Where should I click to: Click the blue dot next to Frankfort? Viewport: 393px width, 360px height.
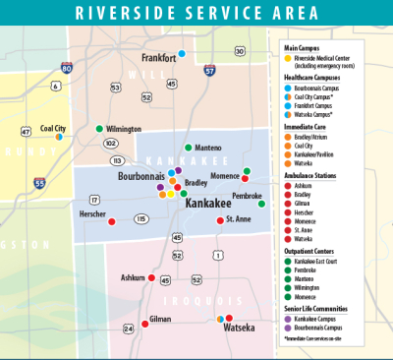click(x=182, y=54)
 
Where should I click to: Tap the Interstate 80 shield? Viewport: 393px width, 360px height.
click(x=66, y=68)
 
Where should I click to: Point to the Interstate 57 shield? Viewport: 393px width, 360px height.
click(x=209, y=71)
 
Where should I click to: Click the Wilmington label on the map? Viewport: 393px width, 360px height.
click(x=124, y=129)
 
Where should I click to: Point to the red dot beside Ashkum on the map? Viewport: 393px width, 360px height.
click(x=152, y=278)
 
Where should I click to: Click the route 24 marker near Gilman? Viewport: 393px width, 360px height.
click(x=128, y=328)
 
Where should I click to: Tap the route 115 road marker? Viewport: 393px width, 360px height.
click(x=141, y=218)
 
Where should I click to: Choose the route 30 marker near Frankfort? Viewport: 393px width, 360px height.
click(x=239, y=50)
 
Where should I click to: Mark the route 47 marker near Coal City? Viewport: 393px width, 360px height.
click(x=26, y=131)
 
